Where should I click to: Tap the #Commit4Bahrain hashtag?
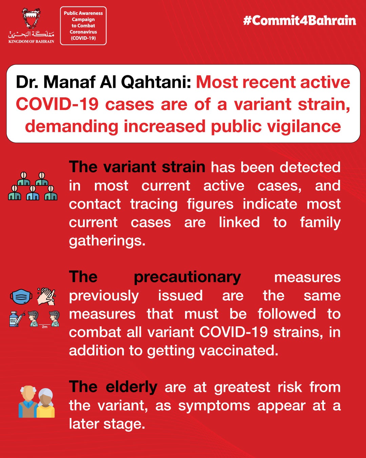coord(300,21)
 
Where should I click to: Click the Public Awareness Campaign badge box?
coord(83,26)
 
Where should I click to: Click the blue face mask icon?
coord(21,296)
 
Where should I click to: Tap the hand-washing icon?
coord(46,296)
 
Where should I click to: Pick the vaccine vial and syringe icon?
coord(17,318)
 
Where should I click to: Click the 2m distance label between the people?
coord(45,327)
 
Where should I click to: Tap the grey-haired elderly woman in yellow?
coord(46,403)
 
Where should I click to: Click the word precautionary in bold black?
coord(187,278)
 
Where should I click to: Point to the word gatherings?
coord(107,241)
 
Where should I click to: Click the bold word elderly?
coord(131,387)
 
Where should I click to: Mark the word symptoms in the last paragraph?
coord(214,406)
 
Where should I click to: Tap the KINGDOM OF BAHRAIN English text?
coord(31,41)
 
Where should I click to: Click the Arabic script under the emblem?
coord(31,34)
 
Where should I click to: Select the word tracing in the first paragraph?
coord(154,205)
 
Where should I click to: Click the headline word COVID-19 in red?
coord(57,104)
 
